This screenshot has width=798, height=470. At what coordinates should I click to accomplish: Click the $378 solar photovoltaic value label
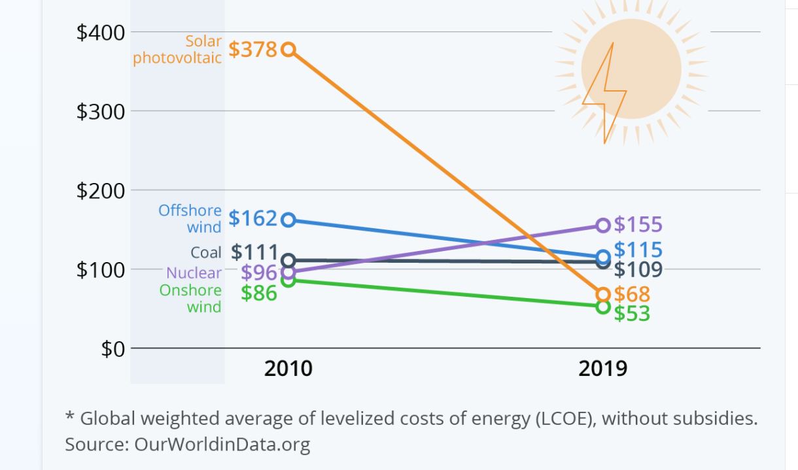pyautogui.click(x=253, y=50)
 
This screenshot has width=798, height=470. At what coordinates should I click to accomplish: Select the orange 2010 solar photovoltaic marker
pyautogui.click(x=288, y=50)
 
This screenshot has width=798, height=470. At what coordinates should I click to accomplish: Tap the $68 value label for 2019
pyautogui.click(x=631, y=294)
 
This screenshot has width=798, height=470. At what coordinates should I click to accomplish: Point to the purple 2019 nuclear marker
pyautogui.click(x=603, y=226)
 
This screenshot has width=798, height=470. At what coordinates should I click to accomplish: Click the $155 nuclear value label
pyautogui.click(x=638, y=225)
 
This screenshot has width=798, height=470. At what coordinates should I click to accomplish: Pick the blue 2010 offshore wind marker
pyautogui.click(x=288, y=220)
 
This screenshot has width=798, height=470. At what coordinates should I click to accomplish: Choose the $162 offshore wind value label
pyautogui.click(x=253, y=218)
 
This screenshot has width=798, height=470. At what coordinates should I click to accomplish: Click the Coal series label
pyautogui.click(x=206, y=252)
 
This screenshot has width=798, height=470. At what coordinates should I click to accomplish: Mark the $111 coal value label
pyautogui.click(x=255, y=252)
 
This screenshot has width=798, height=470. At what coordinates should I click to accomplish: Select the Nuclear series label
pyautogui.click(x=194, y=273)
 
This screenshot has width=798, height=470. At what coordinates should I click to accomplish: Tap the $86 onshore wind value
pyautogui.click(x=259, y=293)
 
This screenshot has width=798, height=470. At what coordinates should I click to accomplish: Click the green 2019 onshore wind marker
pyautogui.click(x=603, y=306)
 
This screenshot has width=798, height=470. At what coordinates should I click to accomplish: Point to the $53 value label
pyautogui.click(x=632, y=314)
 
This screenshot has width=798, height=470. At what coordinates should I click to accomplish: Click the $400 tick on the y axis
pyautogui.click(x=100, y=33)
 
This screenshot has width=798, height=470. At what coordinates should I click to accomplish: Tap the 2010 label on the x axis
pyautogui.click(x=288, y=369)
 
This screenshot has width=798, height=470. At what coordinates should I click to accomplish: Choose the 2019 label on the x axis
pyautogui.click(x=602, y=369)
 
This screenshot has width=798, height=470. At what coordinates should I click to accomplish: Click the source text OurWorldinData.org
pyautogui.click(x=222, y=445)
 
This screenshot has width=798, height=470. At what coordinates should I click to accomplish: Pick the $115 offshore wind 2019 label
pyautogui.click(x=638, y=250)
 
